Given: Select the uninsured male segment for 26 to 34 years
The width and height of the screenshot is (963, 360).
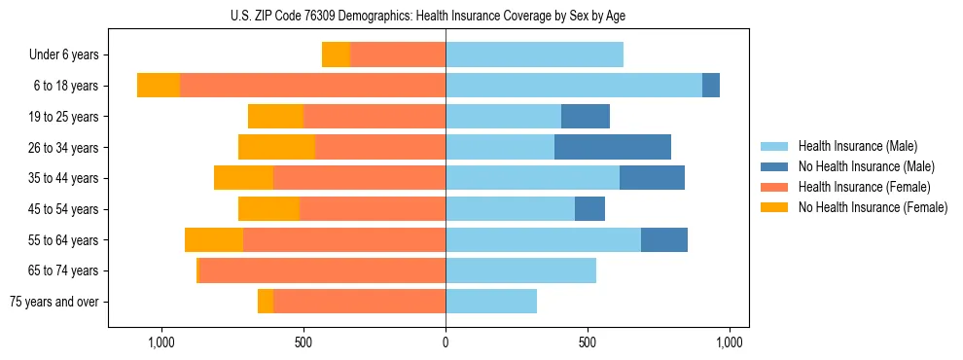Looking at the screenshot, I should point(613,148).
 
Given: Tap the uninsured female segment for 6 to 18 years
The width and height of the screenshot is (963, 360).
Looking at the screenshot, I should point(159,86).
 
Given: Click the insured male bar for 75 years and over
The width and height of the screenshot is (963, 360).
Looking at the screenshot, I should point(491,302).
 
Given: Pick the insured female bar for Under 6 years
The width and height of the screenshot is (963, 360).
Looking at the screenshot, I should point(398,54).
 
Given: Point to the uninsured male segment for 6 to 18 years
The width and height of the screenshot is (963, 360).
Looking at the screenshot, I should point(711,86).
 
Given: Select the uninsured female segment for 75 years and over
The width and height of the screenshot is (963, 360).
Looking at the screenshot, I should point(266,302).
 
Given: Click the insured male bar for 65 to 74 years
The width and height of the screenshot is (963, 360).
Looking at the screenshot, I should point(520,270).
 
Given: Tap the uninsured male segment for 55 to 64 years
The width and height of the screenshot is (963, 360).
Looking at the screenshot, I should point(664,240).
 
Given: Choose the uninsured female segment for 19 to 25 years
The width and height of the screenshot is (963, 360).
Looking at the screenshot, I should point(275,117).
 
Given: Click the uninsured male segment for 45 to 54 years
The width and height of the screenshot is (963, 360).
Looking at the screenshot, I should point(589,209).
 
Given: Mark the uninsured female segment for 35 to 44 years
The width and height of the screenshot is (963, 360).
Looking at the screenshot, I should point(243,178).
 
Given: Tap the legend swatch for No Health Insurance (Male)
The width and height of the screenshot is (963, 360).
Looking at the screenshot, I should point(774,166).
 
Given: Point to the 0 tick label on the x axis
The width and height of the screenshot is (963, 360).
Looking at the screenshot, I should point(446,342).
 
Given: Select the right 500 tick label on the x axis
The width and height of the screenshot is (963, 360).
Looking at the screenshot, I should point(588,342).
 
